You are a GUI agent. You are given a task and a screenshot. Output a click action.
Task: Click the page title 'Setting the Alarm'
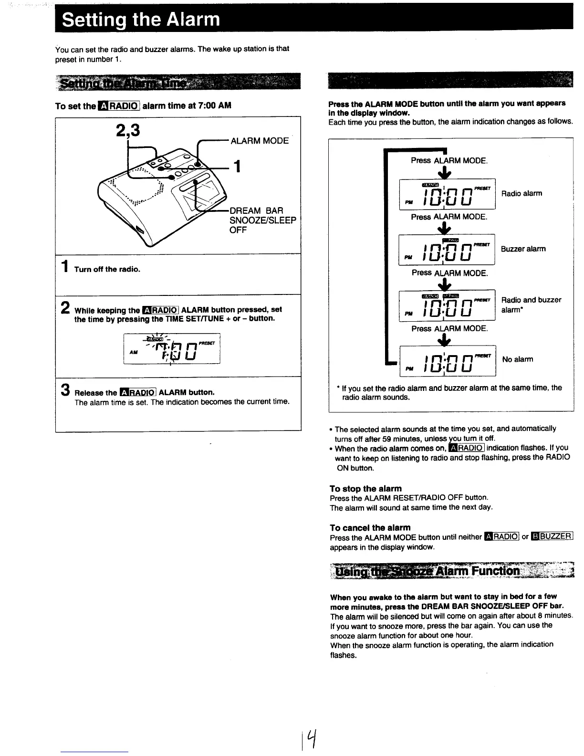coord(141,20)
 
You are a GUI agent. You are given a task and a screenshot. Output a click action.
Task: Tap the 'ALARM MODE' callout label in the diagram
coord(259,141)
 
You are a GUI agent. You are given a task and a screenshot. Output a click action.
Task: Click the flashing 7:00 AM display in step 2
coord(172,349)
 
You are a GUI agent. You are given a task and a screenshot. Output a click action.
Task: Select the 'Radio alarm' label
coord(521,193)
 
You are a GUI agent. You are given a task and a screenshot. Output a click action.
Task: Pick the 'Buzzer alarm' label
coord(523,249)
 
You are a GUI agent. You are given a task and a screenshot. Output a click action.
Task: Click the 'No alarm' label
coord(518,359)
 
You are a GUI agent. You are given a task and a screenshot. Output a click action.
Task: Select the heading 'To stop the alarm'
coord(365,488)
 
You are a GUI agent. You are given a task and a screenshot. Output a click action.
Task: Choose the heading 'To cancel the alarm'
coord(370,527)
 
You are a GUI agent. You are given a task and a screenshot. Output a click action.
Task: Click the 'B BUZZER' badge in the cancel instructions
coord(552,536)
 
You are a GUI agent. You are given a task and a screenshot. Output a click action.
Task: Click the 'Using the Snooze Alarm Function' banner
coord(451,571)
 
